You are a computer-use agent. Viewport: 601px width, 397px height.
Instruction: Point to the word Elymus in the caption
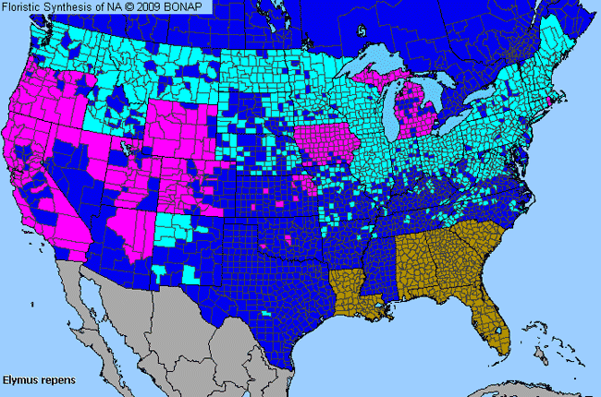tap(19, 379)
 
